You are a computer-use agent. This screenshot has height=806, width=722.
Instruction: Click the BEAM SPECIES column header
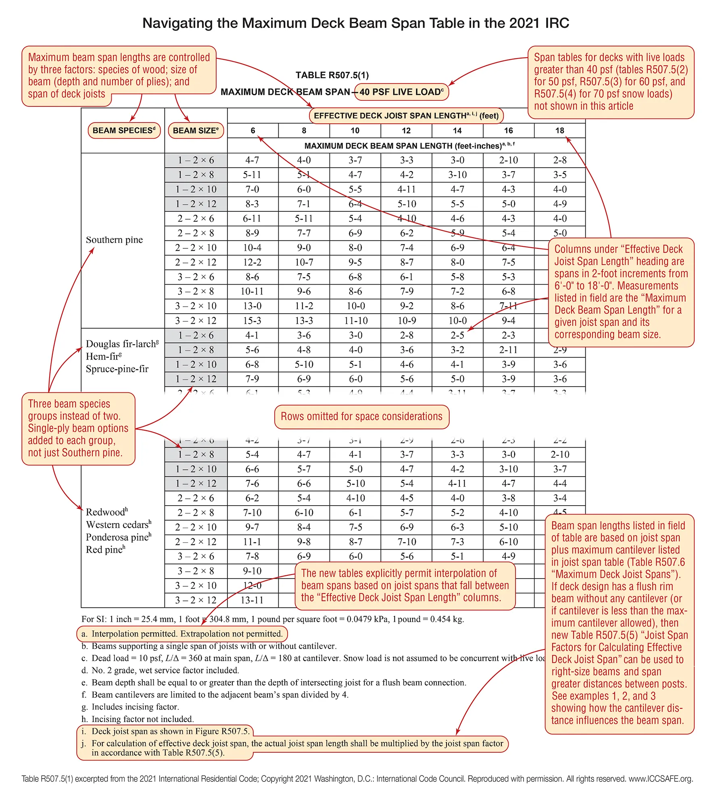click(x=124, y=130)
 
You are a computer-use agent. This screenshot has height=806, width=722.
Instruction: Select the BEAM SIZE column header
click(x=196, y=130)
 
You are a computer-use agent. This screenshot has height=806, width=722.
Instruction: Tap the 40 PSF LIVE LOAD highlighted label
click(x=401, y=92)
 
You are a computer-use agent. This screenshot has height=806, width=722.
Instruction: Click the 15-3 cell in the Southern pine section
click(x=252, y=321)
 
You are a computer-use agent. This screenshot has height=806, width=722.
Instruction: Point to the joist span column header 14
click(x=457, y=131)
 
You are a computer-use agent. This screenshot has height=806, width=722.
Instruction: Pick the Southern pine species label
click(x=114, y=240)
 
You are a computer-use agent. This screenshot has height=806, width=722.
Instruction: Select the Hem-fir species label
click(x=103, y=356)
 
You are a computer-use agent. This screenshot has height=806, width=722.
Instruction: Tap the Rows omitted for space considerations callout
click(x=361, y=417)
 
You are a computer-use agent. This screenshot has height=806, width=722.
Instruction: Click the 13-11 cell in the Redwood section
click(x=252, y=600)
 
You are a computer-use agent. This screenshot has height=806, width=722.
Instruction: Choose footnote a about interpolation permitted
click(x=182, y=634)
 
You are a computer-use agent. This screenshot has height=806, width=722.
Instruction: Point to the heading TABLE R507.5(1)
click(x=332, y=75)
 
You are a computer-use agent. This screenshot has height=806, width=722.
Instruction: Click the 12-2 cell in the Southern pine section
click(x=252, y=262)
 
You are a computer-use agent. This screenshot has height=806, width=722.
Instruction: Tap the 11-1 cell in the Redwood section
click(x=252, y=542)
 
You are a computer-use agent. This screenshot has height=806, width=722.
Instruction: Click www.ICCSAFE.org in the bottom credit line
click(x=660, y=779)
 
